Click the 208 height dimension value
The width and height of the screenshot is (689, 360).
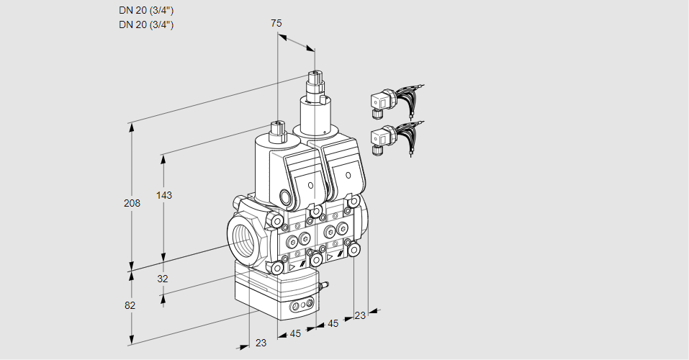pos(132,203)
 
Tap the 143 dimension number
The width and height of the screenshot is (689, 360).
pos(165,195)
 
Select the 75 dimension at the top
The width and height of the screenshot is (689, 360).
pos(276,23)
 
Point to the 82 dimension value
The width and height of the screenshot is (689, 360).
pos(130,305)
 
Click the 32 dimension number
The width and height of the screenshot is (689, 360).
pos(162,279)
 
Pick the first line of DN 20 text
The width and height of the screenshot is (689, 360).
pos(146,11)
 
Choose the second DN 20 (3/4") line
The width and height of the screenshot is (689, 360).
pos(146,24)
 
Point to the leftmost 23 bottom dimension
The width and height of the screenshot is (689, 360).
pos(261,343)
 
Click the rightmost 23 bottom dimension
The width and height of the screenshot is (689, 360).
pos(360,315)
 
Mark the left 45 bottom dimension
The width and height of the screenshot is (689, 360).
pos(295,333)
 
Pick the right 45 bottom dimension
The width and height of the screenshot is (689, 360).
pos(333,323)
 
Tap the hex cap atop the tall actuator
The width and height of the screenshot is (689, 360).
pos(314,78)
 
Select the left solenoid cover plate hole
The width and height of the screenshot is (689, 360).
pos(310,186)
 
